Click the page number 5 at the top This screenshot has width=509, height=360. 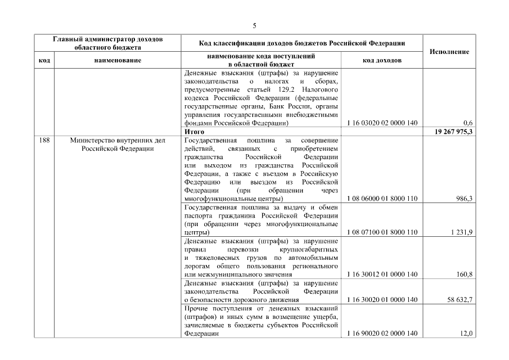point(254,26)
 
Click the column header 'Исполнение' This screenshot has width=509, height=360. point(449,51)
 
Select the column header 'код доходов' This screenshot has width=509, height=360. point(382,60)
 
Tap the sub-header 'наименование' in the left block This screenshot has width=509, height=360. point(114,60)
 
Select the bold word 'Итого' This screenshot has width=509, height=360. point(193,131)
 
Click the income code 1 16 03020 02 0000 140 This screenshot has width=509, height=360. point(382,123)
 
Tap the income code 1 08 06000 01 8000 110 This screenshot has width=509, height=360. point(382,199)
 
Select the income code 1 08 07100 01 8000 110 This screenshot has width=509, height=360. point(382,232)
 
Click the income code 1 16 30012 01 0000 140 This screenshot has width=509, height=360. point(382,274)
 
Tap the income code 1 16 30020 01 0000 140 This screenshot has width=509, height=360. point(382,300)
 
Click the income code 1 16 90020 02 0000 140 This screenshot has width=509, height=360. point(382,334)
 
